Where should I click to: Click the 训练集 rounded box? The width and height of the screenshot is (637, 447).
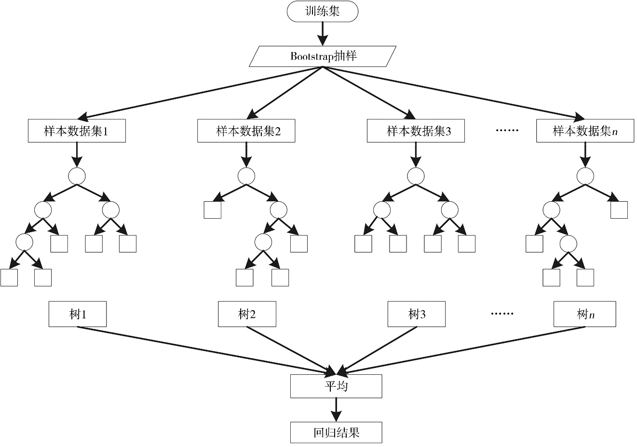coord(323,12)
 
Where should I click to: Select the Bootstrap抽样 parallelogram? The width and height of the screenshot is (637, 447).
coord(323,56)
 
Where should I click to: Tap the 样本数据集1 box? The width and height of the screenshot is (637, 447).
coord(77,131)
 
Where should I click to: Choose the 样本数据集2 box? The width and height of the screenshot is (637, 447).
coord(246,131)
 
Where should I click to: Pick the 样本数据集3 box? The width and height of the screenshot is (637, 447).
coord(416,131)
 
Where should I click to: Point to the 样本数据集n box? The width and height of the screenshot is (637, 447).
coord(585,131)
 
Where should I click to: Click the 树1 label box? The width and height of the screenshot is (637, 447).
coord(78,314)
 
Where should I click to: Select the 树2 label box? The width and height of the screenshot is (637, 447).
coord(247,314)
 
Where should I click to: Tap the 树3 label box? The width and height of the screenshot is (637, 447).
coord(417,314)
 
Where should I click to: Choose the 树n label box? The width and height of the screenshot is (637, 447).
coord(584,314)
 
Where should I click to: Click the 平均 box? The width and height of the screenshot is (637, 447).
coord(336,386)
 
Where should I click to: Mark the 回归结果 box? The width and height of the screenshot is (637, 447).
coord(336,433)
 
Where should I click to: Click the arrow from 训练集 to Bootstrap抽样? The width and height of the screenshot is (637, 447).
coord(323,34)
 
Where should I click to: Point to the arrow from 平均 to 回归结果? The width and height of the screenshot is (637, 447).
coord(336,410)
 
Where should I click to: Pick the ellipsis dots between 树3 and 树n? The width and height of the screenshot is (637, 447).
coord(502,314)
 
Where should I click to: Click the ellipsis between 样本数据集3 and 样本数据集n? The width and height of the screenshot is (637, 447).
coord(507,131)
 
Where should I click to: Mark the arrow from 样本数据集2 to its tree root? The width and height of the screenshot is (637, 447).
coord(246,155)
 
